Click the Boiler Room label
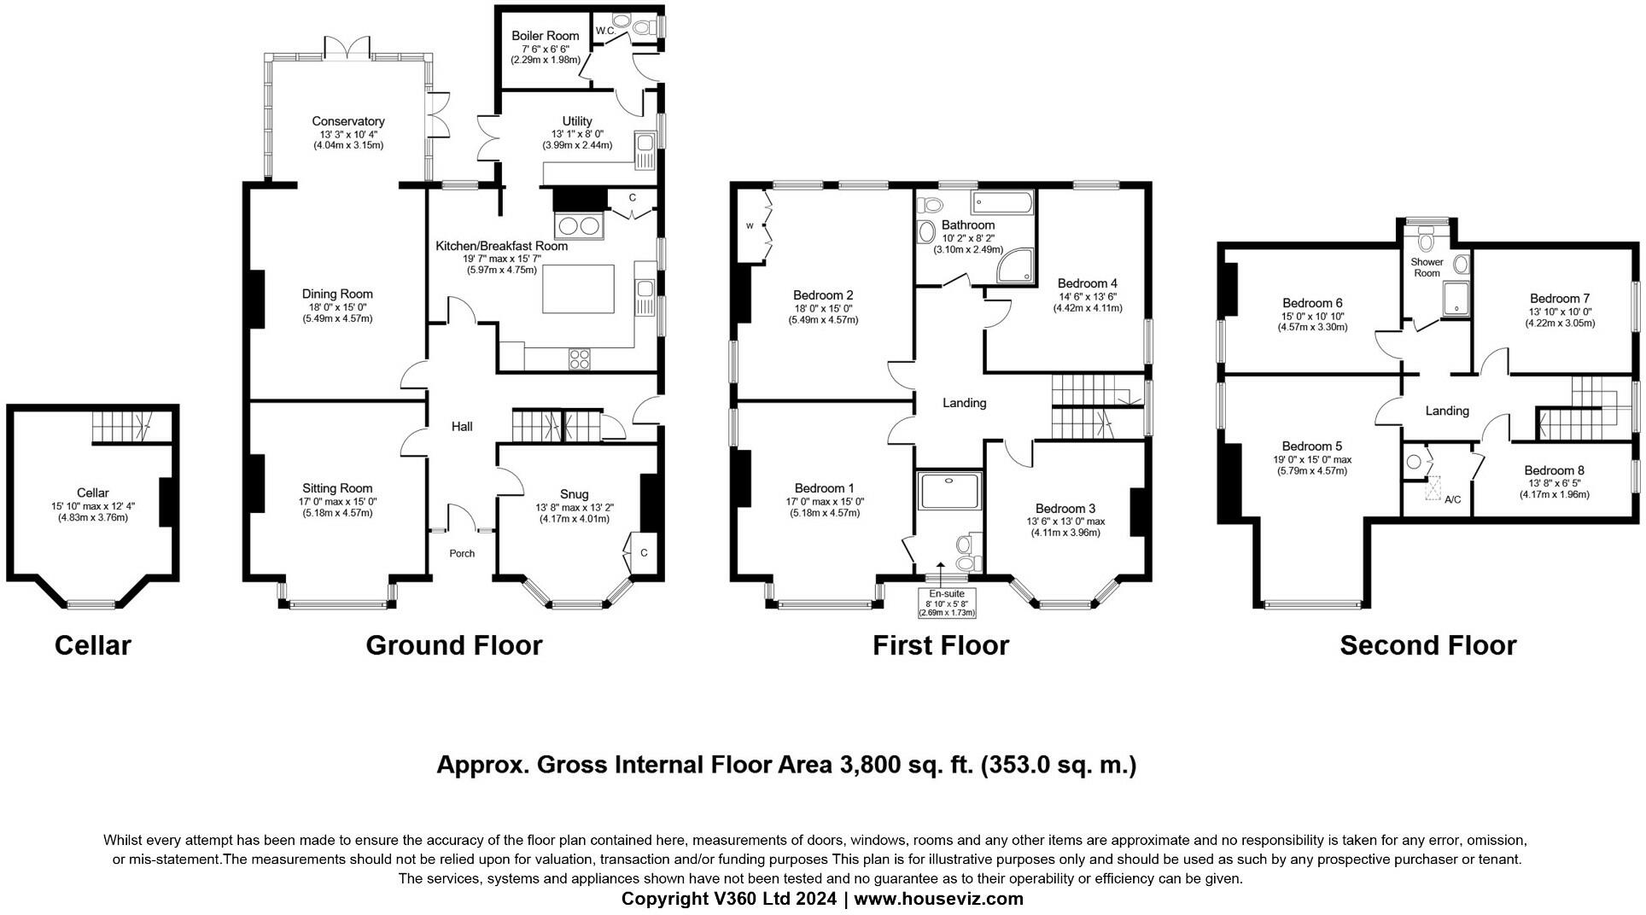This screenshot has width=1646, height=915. tap(545, 36)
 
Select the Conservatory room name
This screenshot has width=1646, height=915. tap(347, 121)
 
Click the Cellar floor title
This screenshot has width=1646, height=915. tap(92, 645)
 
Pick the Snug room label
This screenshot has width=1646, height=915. tap(574, 494)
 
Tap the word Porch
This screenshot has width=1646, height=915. tap(462, 554)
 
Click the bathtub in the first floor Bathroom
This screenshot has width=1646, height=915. tap(1001, 203)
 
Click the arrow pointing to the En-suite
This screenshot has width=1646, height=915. tap(940, 570)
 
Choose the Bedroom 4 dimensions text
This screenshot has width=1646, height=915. tap(1087, 302)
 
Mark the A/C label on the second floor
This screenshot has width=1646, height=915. tap(1452, 499)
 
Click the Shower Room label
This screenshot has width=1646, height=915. tap(1427, 267)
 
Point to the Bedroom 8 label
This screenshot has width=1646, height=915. tap(1554, 470)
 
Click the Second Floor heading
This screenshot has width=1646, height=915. tap(1427, 645)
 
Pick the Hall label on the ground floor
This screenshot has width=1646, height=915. tap(462, 427)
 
